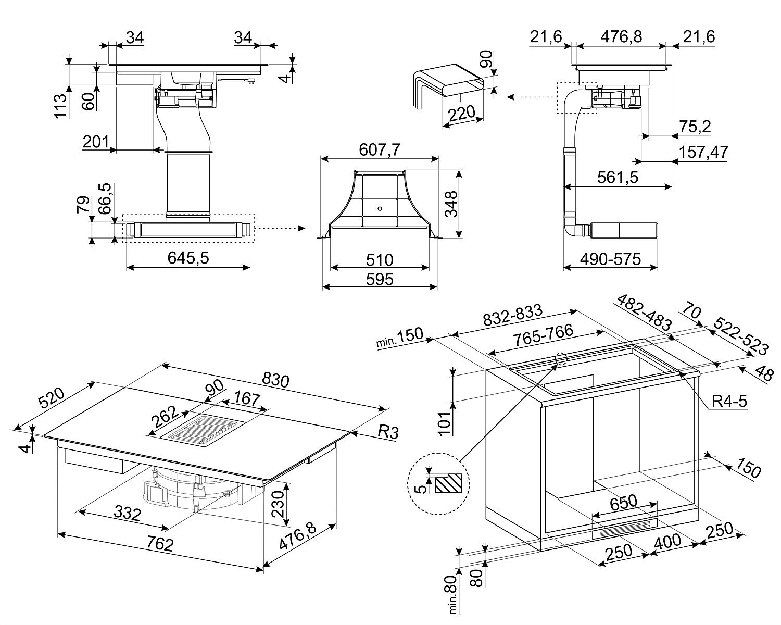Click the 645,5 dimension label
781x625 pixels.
189,257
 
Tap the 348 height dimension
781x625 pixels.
451,204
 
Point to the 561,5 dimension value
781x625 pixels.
618,178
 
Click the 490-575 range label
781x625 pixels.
610,258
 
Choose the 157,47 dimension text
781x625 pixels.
703,152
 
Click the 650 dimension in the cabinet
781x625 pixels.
623,502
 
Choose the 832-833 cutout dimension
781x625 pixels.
513,318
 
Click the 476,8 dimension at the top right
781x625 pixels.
621,37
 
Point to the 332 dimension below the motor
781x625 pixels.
127,514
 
